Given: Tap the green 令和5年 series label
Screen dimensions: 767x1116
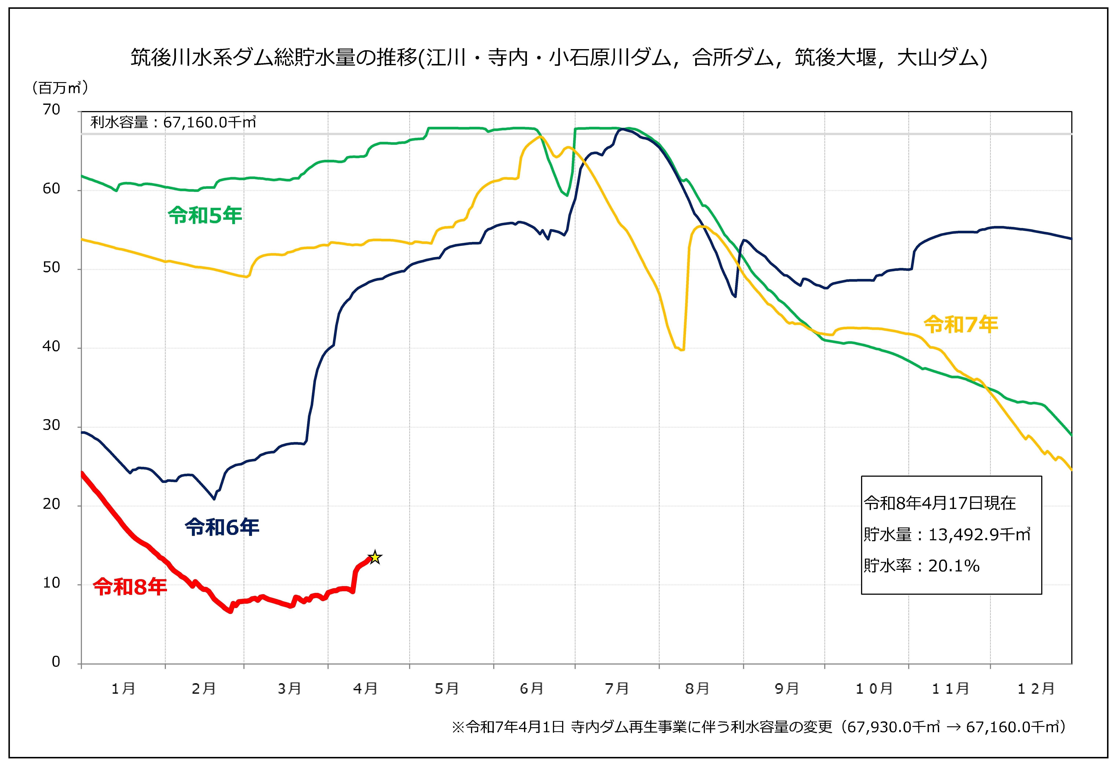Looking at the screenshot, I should click(x=205, y=216).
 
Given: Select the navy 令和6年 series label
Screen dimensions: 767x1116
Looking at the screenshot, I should click(x=222, y=527).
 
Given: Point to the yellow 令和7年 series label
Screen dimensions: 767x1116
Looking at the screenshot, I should click(x=961, y=325).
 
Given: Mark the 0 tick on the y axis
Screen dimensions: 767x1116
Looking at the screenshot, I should click(x=56, y=662).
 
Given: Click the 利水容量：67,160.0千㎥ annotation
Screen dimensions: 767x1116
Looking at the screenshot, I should click(x=173, y=123).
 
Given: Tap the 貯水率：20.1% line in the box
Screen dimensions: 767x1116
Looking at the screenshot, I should click(x=921, y=566).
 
